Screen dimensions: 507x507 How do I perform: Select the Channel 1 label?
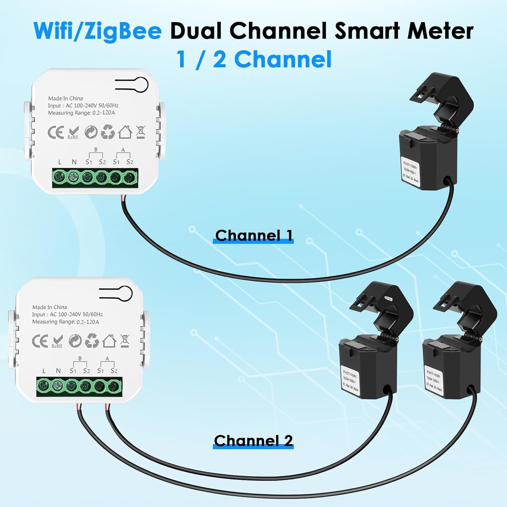(254, 236)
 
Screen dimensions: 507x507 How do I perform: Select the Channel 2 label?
(253, 441)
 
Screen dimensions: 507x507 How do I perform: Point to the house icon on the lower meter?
(109, 341)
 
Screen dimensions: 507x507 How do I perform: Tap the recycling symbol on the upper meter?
(108, 132)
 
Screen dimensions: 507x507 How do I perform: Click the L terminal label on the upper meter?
(60, 162)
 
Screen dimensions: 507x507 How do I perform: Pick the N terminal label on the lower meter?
(58, 371)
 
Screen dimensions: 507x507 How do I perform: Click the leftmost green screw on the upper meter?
(60, 176)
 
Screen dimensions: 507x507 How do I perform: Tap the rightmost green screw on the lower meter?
(114, 385)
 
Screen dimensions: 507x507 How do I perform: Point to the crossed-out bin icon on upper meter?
(141, 132)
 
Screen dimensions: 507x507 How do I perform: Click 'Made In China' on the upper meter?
(65, 98)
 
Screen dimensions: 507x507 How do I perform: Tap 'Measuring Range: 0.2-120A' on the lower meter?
(66, 322)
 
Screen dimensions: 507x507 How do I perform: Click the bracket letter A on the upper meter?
(123, 150)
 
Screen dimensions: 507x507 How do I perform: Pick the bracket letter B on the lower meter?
(80, 359)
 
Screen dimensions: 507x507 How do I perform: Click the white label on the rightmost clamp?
(434, 380)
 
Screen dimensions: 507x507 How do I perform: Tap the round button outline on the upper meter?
(140, 85)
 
